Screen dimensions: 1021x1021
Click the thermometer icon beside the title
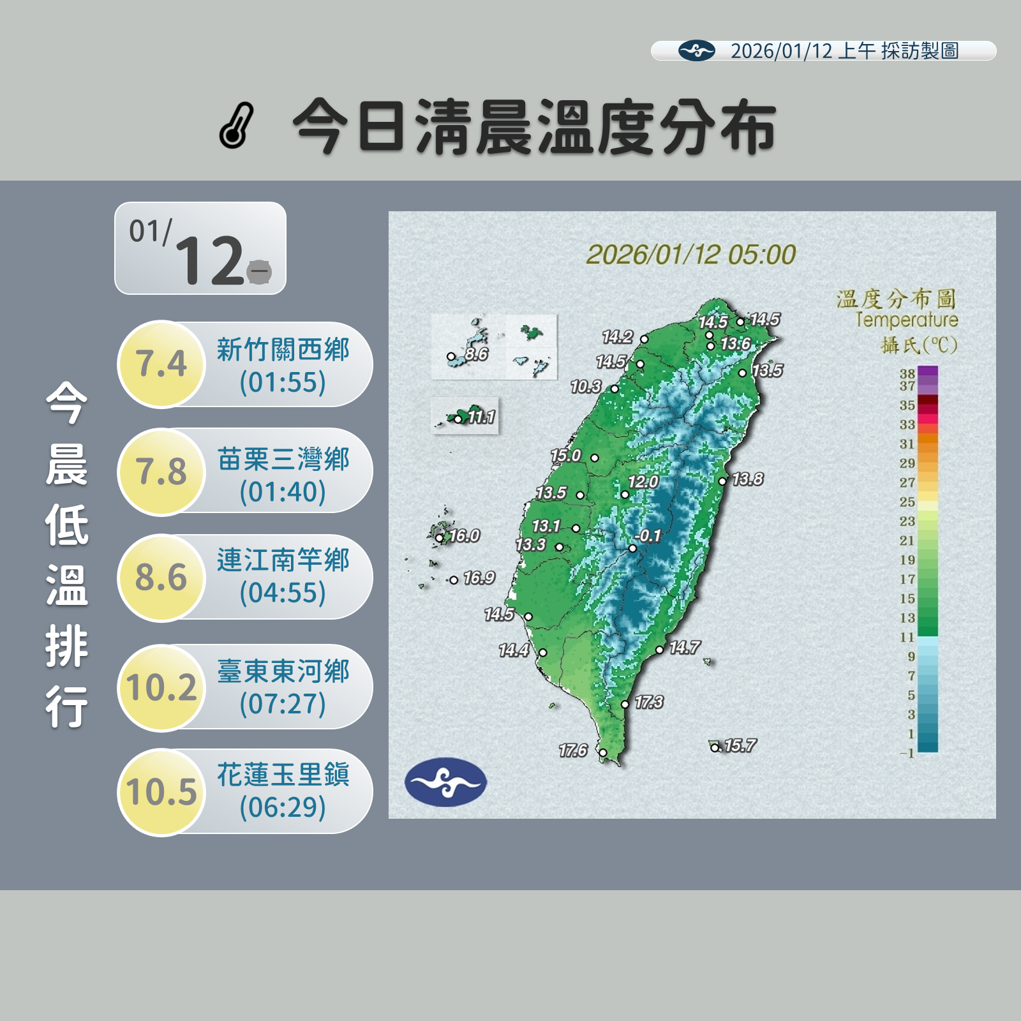(x=236, y=126)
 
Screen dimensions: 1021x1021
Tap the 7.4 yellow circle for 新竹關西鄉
(x=161, y=364)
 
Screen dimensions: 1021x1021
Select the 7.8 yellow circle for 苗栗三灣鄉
(x=161, y=472)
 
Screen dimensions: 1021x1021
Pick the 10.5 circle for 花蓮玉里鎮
(x=161, y=791)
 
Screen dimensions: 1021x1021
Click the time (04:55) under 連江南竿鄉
(x=283, y=593)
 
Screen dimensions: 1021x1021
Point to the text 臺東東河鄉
(x=283, y=671)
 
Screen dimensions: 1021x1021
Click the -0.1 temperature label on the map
(x=648, y=536)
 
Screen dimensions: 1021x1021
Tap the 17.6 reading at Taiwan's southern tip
(x=572, y=750)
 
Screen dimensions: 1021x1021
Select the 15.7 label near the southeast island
(x=740, y=745)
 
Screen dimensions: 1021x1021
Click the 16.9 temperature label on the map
(x=479, y=578)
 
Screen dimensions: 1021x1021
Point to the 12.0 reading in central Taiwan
(x=643, y=482)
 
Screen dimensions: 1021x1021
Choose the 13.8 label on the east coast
(x=747, y=479)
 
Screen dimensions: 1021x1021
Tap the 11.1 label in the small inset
(x=481, y=417)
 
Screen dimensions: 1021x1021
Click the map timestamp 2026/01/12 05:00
(x=691, y=255)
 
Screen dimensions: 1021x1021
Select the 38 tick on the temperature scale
(x=907, y=373)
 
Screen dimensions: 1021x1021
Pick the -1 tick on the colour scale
(x=907, y=754)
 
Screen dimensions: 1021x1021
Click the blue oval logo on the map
(x=445, y=782)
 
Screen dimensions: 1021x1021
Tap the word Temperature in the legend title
(x=906, y=320)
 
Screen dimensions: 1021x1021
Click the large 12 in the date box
(x=209, y=260)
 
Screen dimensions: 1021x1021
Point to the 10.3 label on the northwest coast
(x=586, y=387)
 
